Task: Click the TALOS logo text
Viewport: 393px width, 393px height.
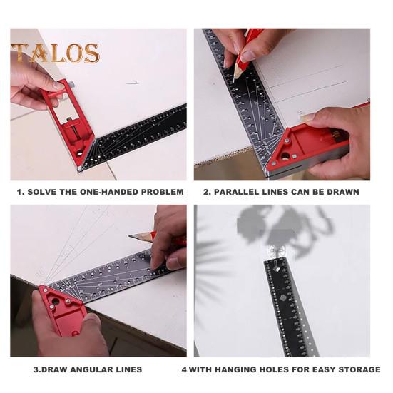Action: [56, 53]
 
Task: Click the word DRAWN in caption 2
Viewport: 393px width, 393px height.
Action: [342, 192]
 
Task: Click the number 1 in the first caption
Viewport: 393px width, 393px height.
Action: [20, 192]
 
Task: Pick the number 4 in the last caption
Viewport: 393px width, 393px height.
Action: [184, 369]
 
